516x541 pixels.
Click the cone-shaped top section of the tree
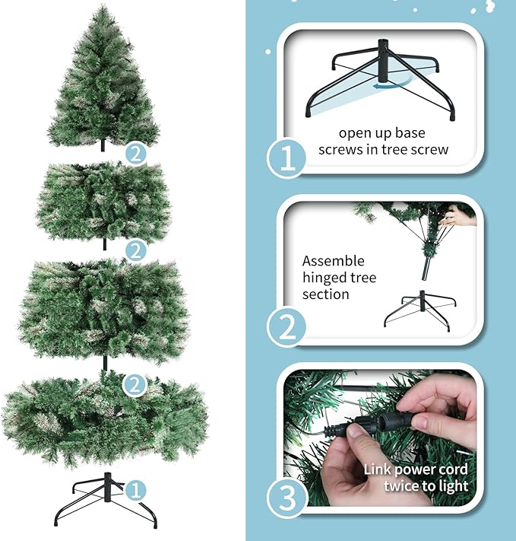(104, 84)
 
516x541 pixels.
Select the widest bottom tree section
(104, 422)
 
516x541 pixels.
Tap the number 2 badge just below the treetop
(135, 154)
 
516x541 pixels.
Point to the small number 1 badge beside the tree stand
(135, 488)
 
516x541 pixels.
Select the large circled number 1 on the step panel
(287, 158)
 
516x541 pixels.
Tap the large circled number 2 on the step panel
(287, 327)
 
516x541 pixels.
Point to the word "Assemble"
(334, 261)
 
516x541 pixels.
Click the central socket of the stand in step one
(385, 66)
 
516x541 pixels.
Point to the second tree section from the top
(104, 202)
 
